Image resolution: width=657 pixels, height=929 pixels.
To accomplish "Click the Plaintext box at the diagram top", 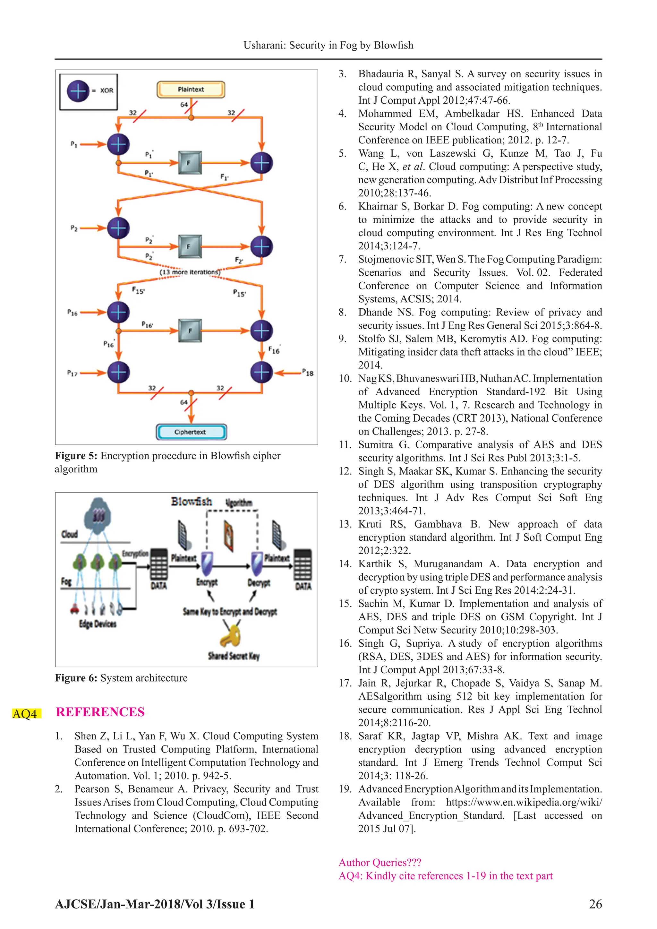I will (191, 90).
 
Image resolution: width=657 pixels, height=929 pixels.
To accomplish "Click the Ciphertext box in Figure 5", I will (191, 432).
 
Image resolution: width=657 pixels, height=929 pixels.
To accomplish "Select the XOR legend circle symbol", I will (78, 91).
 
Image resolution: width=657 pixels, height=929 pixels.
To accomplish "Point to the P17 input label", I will (72, 373).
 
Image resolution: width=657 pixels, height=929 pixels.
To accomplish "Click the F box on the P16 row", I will (190, 331).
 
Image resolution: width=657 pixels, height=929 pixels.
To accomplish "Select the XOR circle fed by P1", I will (118, 144).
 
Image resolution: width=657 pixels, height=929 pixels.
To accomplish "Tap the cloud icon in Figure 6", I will (98, 516).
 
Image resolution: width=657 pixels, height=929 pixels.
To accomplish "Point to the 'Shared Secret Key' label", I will (234, 656).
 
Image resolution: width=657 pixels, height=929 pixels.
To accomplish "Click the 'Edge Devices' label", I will (98, 624).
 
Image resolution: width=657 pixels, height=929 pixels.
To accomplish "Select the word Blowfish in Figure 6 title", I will (191, 502).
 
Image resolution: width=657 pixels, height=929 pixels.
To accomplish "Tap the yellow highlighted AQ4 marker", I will (25, 713).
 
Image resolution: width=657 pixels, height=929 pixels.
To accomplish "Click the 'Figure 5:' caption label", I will (76, 456).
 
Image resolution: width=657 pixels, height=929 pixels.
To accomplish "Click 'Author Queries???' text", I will (380, 862).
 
